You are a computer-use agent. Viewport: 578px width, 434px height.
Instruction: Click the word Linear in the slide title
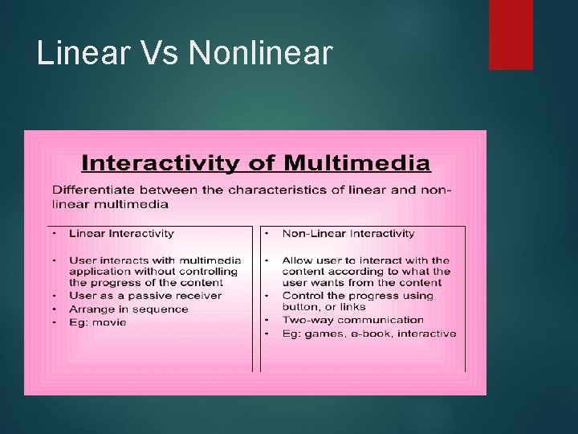(81, 53)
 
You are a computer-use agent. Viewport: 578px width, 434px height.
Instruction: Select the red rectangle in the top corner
(511, 35)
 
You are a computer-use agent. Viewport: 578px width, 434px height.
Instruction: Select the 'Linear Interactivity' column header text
(121, 234)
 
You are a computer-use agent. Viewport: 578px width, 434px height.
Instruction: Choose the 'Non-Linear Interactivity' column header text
(348, 234)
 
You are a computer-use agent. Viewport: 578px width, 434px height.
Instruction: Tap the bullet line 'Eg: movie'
(97, 322)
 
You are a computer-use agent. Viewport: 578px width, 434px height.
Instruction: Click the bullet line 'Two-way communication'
(352, 320)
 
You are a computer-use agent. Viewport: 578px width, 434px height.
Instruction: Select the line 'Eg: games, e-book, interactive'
(368, 333)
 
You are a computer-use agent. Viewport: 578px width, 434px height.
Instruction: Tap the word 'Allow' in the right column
(297, 260)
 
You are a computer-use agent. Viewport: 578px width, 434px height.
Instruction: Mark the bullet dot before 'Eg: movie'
(53, 322)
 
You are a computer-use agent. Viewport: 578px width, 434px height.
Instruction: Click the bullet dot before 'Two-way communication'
(267, 320)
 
